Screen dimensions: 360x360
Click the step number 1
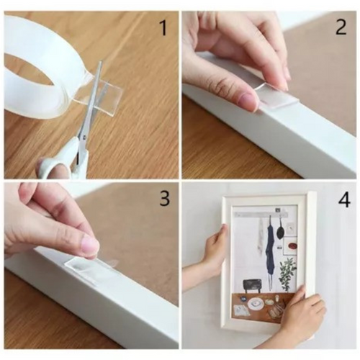point(163,28)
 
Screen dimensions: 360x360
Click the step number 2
point(341,27)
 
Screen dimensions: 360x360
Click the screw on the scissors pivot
point(84,138)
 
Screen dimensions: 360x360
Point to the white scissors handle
point(63,161)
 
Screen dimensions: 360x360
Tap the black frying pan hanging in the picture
point(279,231)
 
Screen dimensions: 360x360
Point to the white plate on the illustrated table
point(256,304)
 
